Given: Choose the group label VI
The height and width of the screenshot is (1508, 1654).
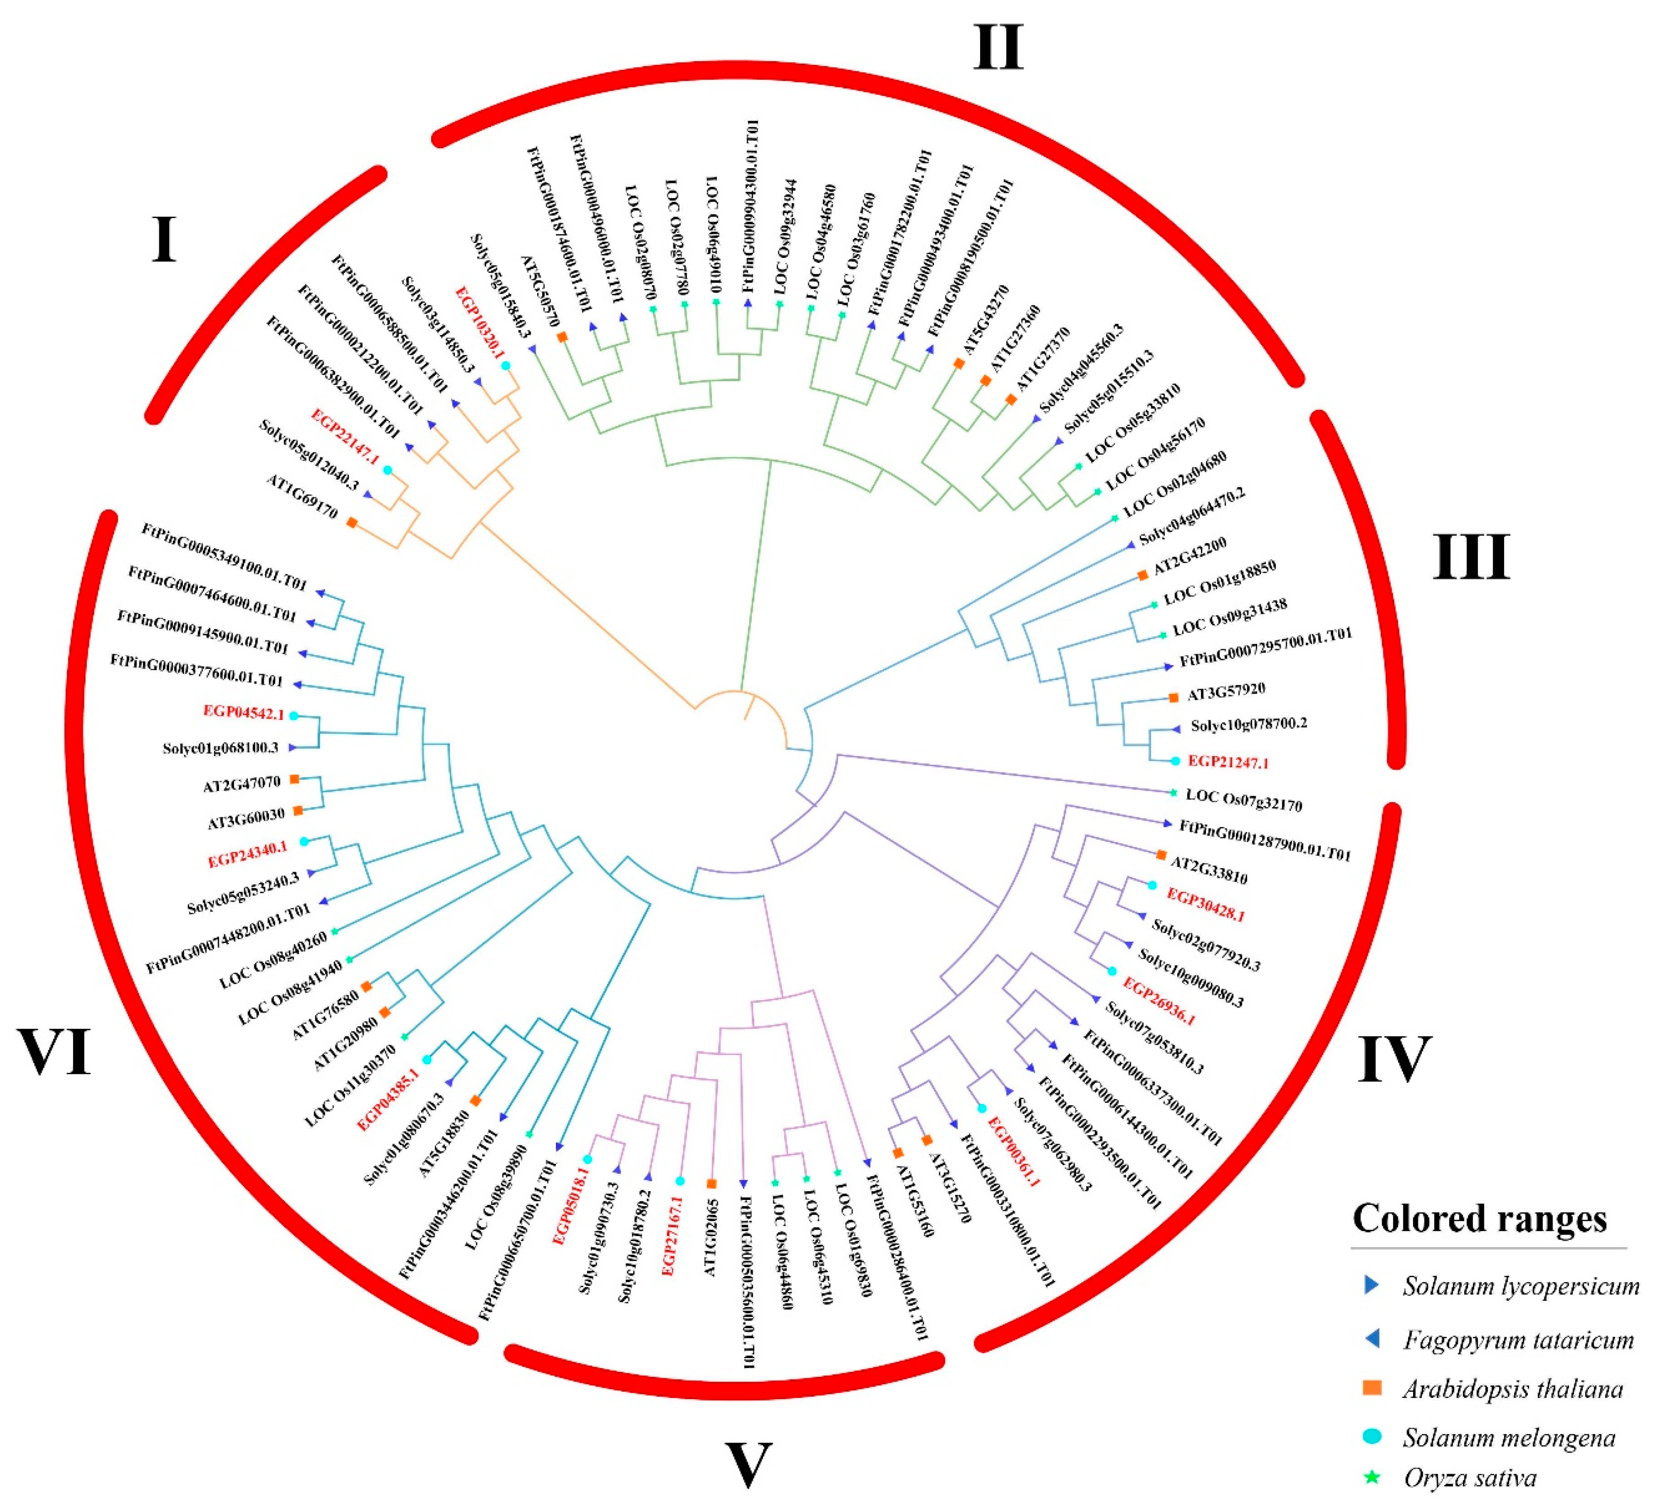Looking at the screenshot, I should pos(54,1052).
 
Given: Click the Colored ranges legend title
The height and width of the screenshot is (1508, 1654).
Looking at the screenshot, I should pos(1479,1218).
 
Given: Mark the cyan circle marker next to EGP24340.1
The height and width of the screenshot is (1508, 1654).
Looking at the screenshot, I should pos(304,842).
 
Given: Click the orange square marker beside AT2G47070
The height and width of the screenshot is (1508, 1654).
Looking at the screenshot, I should pos(293,778).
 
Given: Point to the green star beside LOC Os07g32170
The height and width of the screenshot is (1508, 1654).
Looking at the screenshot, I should pos(1173,793).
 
